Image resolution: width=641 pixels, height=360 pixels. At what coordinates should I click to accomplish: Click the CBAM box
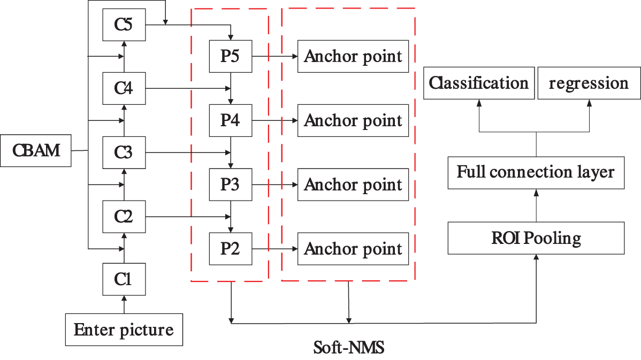click(x=36, y=151)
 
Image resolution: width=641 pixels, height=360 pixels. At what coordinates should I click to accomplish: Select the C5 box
click(x=124, y=25)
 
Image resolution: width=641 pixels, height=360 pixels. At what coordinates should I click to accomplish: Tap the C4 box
click(x=124, y=88)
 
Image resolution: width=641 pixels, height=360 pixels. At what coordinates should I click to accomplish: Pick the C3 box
click(x=124, y=152)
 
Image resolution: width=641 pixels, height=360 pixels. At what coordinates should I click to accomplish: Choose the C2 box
click(x=124, y=217)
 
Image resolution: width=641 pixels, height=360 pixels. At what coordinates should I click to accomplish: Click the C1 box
click(x=124, y=279)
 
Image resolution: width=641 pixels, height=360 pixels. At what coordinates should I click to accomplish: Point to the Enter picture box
click(x=124, y=330)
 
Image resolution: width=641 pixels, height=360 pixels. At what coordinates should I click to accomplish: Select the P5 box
click(x=230, y=56)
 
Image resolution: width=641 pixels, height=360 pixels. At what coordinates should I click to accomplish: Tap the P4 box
click(x=230, y=120)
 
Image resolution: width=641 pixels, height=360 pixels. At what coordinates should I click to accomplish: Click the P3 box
click(x=230, y=185)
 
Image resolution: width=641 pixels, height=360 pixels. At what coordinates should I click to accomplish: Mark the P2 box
click(x=230, y=249)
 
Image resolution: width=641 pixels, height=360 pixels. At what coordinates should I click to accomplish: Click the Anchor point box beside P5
click(x=353, y=56)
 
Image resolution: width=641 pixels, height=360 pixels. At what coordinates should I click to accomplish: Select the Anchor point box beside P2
click(x=353, y=249)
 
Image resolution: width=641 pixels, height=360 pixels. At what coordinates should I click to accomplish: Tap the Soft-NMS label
click(x=348, y=348)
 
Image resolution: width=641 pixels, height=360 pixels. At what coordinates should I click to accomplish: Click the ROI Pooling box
click(x=536, y=238)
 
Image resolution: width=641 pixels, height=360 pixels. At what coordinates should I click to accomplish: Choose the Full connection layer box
click(x=536, y=172)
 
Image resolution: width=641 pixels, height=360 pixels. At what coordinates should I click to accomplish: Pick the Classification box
click(x=479, y=83)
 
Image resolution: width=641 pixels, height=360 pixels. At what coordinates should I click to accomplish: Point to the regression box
click(x=589, y=83)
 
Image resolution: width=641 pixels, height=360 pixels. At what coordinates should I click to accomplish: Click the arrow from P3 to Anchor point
click(x=274, y=185)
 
